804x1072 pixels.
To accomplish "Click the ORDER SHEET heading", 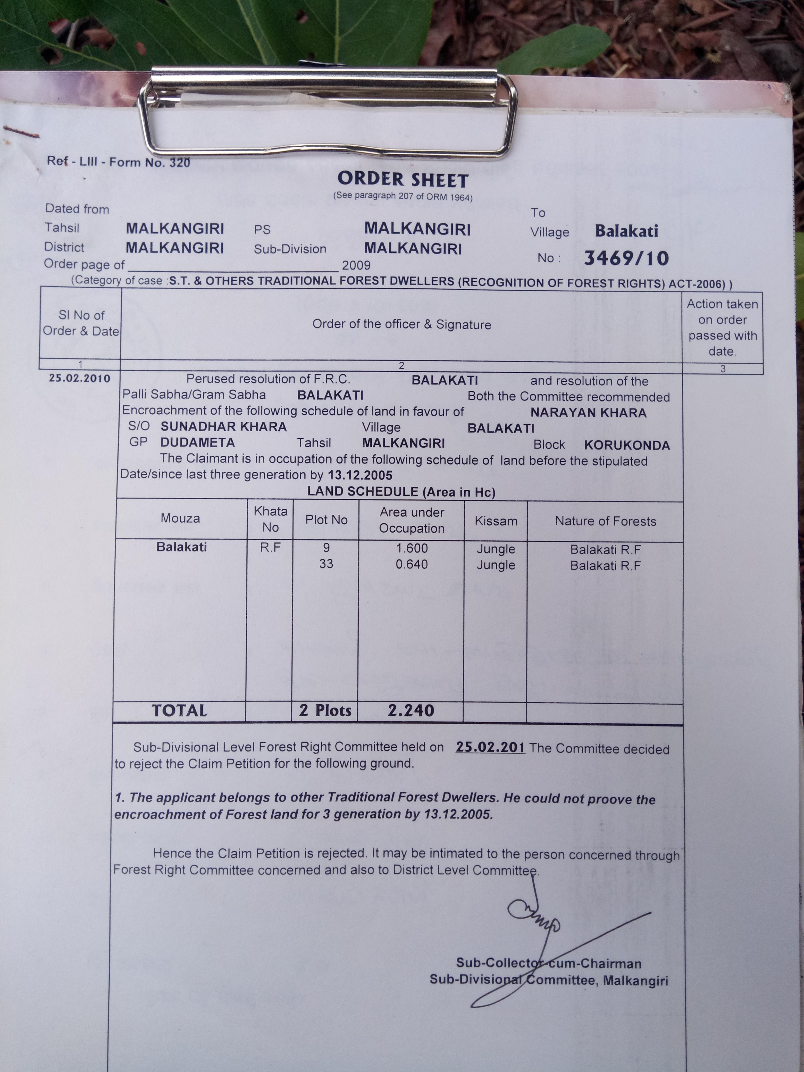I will click(x=403, y=180).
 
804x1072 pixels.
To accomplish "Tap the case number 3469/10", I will click(x=626, y=258).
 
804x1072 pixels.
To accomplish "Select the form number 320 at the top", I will click(x=180, y=162).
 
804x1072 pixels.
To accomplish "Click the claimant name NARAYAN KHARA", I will click(x=588, y=413).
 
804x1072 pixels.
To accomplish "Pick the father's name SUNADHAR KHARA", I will click(x=223, y=427).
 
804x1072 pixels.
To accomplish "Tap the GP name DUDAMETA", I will click(x=198, y=442).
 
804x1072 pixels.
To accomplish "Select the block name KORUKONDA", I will click(x=627, y=445).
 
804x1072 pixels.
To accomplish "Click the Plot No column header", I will click(x=326, y=520).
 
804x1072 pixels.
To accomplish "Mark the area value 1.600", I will click(x=412, y=549).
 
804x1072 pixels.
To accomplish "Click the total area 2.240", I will click(x=411, y=711).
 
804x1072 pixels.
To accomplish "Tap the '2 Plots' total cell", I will click(x=325, y=710).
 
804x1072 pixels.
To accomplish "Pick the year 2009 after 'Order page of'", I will click(x=356, y=265).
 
